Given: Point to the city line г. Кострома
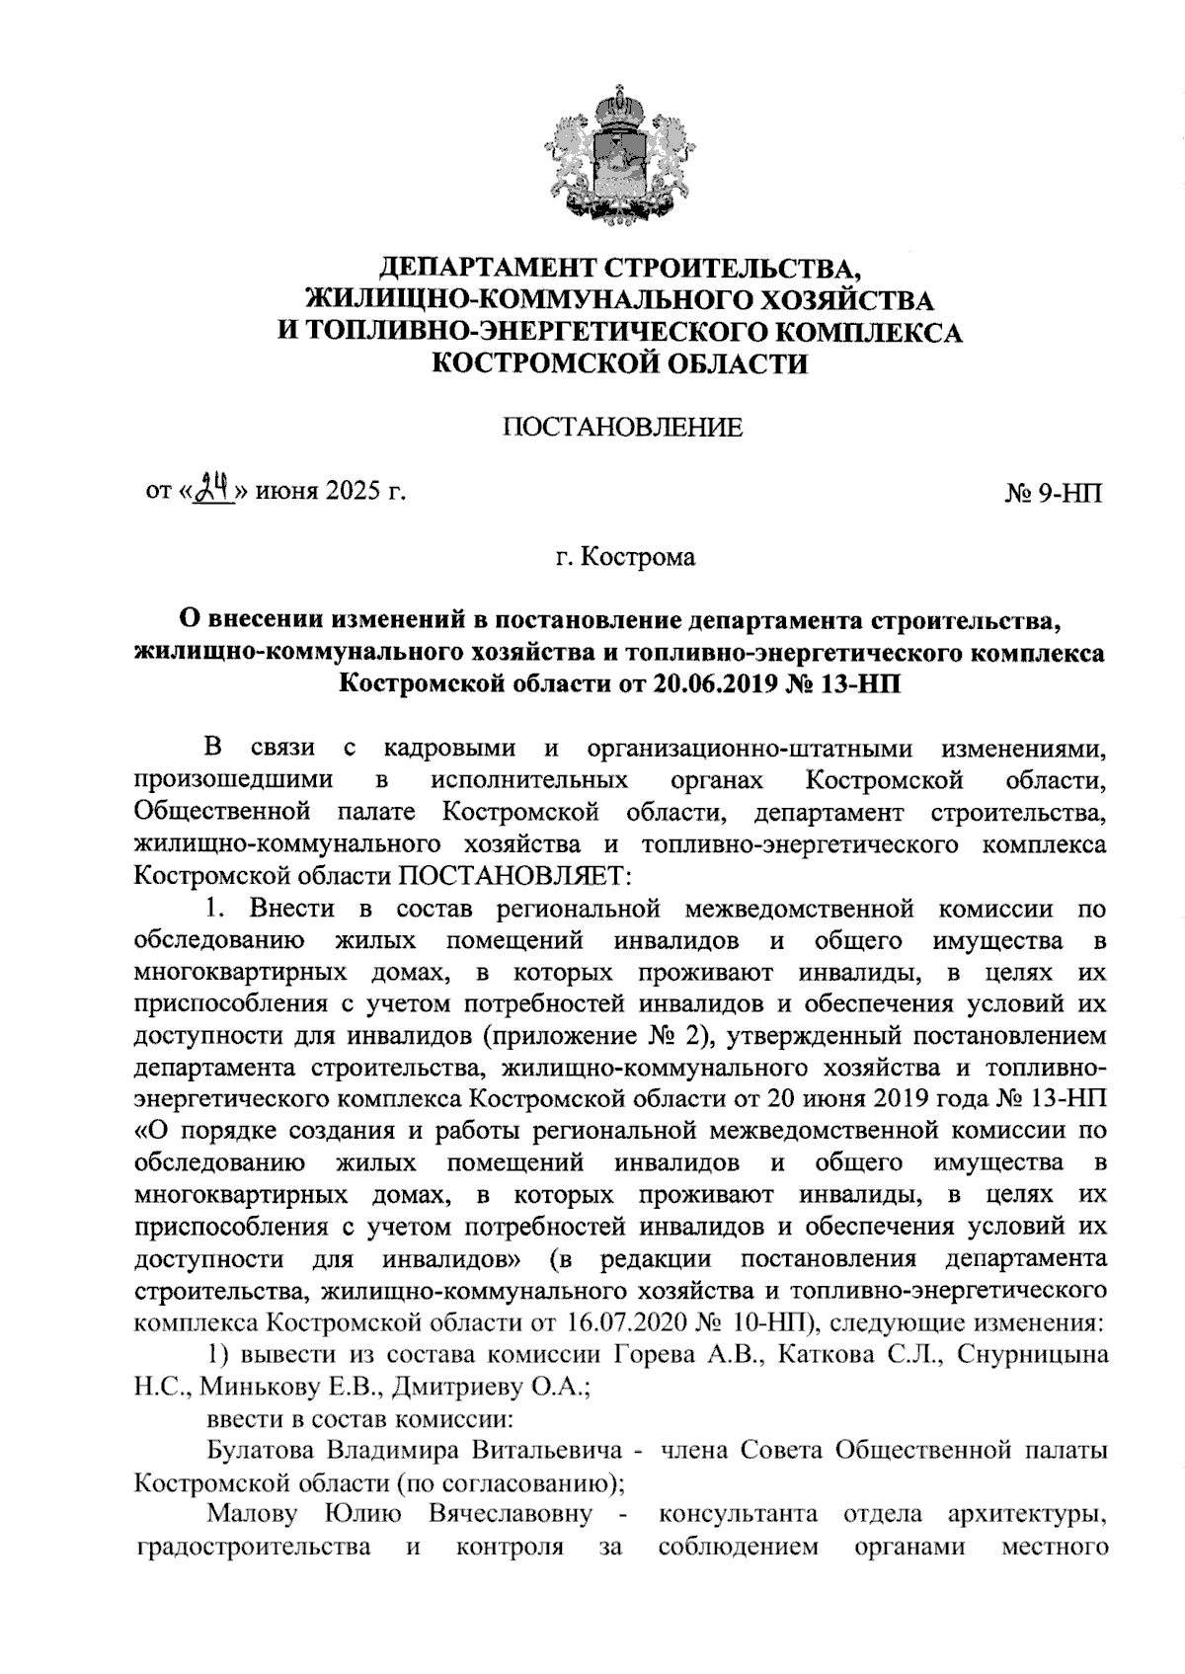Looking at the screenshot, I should pyautogui.click(x=623, y=558).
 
